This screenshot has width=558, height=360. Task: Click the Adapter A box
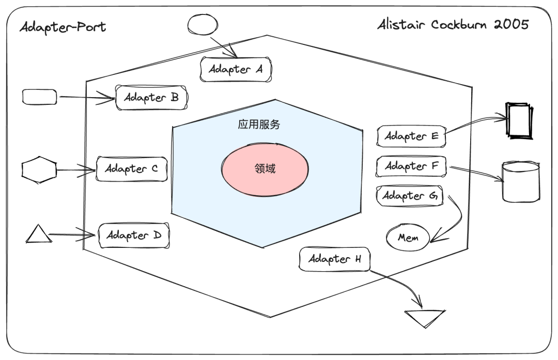click(236, 69)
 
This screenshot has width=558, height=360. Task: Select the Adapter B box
click(151, 98)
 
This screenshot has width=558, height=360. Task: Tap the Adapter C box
click(132, 169)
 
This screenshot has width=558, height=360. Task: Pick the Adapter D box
click(134, 236)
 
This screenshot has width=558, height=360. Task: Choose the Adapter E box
click(411, 136)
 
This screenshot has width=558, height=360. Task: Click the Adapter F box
click(411, 166)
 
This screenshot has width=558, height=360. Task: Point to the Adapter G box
click(410, 196)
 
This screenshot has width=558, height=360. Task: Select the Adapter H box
click(334, 259)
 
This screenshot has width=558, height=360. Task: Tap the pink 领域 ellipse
click(265, 169)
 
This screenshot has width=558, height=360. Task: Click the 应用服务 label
click(259, 124)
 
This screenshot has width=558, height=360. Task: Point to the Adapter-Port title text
click(63, 27)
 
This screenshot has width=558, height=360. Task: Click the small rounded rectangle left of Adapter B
click(40, 97)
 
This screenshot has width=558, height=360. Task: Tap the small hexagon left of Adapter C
click(39, 169)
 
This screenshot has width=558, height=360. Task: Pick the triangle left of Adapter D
click(38, 234)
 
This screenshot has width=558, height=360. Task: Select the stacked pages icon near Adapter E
click(518, 121)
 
